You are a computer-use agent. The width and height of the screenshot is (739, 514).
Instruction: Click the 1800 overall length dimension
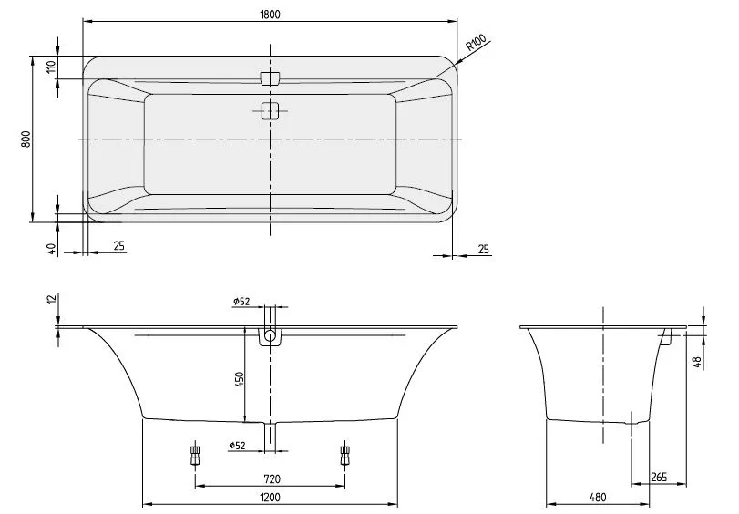[x=270, y=13]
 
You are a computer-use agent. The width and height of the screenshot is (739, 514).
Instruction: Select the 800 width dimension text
[x=27, y=139]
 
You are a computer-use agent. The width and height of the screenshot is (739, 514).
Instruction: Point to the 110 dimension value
[x=52, y=67]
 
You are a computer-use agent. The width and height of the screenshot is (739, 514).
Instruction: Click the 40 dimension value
[x=52, y=247]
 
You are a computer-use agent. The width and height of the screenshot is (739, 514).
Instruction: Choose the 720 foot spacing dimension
[x=270, y=478]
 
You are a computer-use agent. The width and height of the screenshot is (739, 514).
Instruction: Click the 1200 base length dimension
[x=270, y=498]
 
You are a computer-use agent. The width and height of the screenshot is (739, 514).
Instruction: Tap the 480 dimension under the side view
[x=598, y=498]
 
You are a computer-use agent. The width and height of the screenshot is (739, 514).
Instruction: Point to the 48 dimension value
[x=697, y=362]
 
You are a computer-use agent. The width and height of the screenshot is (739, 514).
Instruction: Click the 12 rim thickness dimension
[x=52, y=302]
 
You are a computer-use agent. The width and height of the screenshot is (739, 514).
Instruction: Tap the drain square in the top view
[x=270, y=111]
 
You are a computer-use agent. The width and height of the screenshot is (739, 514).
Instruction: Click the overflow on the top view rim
[x=270, y=78]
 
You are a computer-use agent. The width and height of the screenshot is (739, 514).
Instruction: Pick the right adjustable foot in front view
[x=344, y=454]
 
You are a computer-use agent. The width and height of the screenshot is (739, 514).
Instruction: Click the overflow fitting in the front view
[x=270, y=337]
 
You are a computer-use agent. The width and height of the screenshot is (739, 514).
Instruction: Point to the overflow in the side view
[x=666, y=337]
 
